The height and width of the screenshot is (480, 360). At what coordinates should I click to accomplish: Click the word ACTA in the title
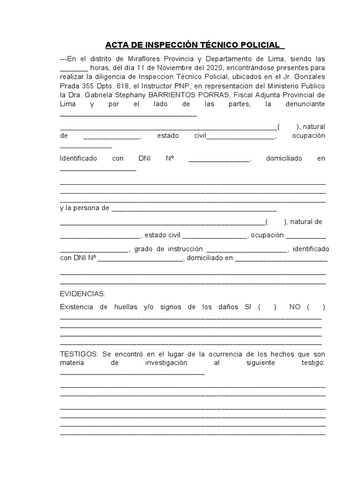[x=118, y=45]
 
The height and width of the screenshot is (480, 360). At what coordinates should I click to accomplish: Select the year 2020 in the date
[x=215, y=67]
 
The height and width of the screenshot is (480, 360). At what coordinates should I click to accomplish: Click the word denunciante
[x=305, y=104]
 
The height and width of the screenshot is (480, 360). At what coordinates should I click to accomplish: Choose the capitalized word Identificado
[x=78, y=158]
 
